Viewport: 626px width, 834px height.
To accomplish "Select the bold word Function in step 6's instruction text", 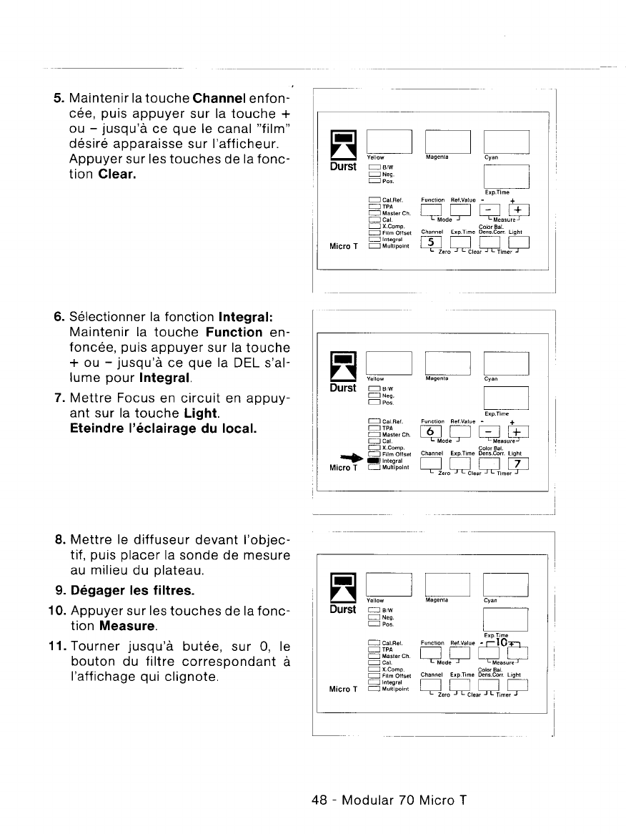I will (x=234, y=333).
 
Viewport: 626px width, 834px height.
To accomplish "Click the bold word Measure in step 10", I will (x=128, y=627).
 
